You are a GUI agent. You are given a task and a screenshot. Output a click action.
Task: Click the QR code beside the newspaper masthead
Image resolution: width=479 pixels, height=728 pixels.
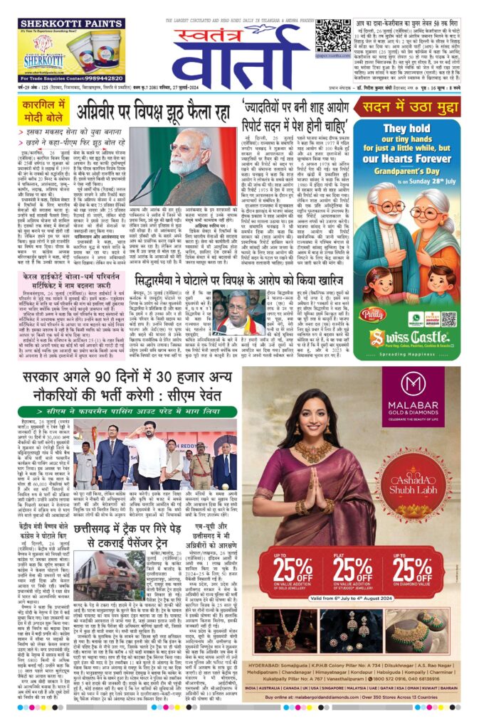[x=332, y=33]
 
